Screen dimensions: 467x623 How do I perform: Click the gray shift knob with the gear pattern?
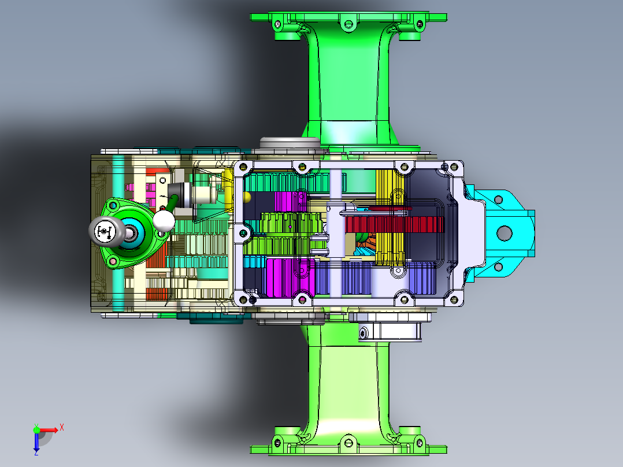pos(105,231)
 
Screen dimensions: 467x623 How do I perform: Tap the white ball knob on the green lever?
pos(165,220)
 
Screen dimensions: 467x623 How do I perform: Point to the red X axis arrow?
pos(54,429)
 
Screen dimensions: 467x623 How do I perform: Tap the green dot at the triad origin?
pos(36,429)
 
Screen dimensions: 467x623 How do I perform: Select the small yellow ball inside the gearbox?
pos(247,197)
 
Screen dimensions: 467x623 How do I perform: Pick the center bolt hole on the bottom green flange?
pos(347,443)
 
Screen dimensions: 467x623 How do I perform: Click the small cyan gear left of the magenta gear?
pos(253,262)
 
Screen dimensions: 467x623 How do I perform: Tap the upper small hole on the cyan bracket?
pos(496,199)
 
